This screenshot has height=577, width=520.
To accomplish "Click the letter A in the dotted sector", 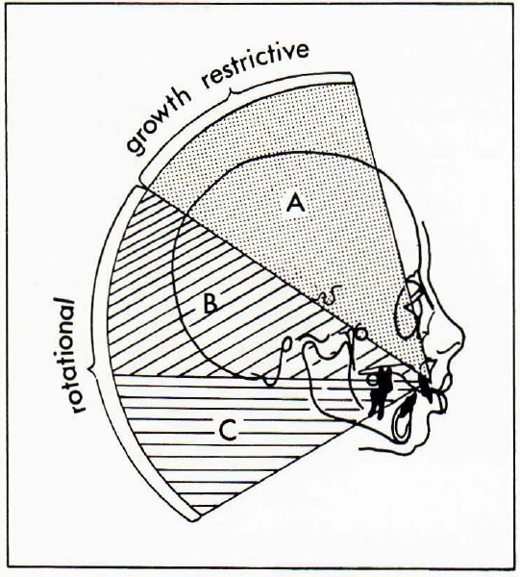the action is click(x=296, y=204).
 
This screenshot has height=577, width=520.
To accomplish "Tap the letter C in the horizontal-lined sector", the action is click(x=228, y=430).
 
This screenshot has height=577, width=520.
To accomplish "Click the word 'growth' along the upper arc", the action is click(x=159, y=122).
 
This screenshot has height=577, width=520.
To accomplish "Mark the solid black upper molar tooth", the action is click(x=380, y=392).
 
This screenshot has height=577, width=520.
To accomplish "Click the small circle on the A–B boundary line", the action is click(x=361, y=334).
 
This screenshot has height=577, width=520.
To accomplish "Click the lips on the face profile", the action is click(x=442, y=398).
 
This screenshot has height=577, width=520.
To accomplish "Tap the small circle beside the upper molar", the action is click(x=373, y=380).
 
